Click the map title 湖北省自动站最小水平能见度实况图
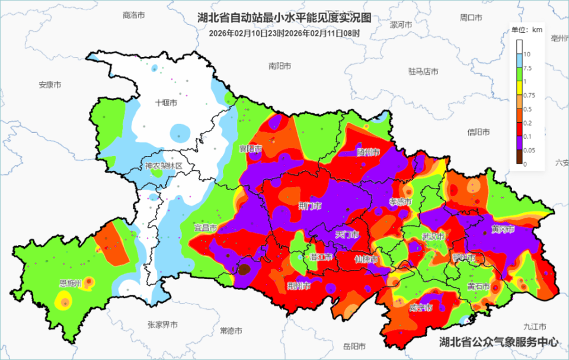pyautogui.click(x=284, y=18)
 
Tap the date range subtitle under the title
pyautogui.click(x=284, y=33)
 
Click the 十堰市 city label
pyautogui.click(x=167, y=103)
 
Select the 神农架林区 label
pyautogui.click(x=164, y=166)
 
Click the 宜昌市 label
pyautogui.click(x=206, y=227)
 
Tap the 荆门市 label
pyautogui.click(x=310, y=206)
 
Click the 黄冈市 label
pyautogui.click(x=503, y=229)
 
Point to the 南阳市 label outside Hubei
pyautogui.click(x=279, y=66)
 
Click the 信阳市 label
pyautogui.click(x=478, y=132)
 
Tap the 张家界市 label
pyautogui.click(x=162, y=324)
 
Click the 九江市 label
pyautogui.click(x=535, y=326)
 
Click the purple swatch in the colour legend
pyautogui.click(x=519, y=143)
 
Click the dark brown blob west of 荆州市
pyautogui.click(x=244, y=270)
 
